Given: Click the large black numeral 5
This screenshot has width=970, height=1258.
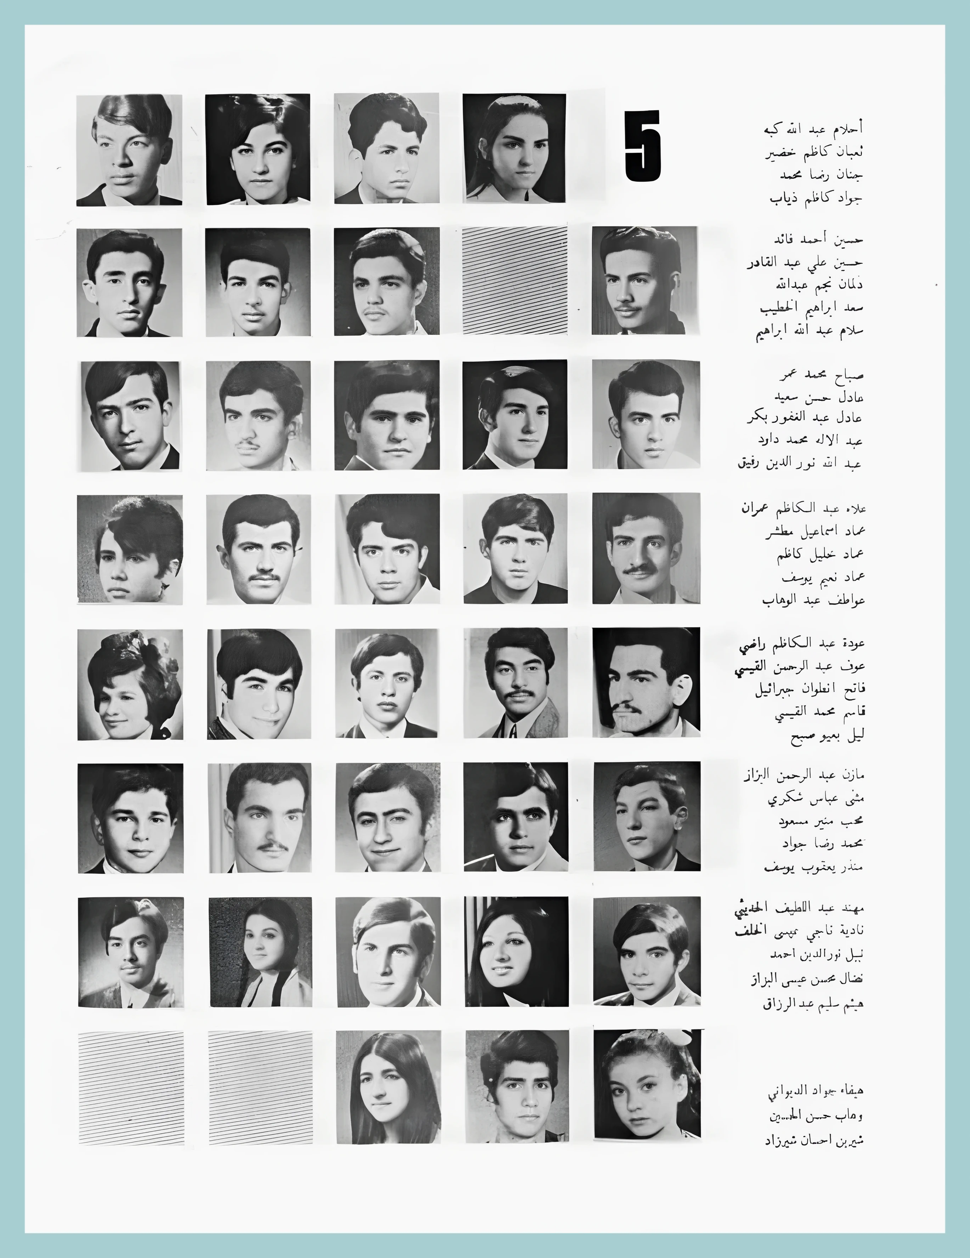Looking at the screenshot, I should (x=643, y=147).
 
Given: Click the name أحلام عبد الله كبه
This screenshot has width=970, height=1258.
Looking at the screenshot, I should (x=813, y=129).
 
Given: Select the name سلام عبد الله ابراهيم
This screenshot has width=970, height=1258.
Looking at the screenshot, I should (x=809, y=333).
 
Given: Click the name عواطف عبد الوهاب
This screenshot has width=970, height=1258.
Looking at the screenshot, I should (x=813, y=600).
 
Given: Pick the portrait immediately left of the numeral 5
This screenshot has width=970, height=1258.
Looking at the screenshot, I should (x=514, y=148).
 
